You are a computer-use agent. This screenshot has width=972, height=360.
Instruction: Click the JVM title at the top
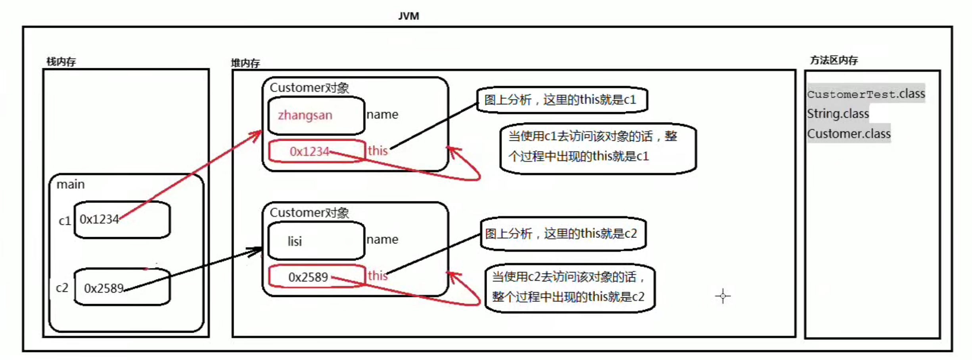408,16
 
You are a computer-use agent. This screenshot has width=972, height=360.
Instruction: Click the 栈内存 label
61,61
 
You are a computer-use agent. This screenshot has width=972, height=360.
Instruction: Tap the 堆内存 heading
245,63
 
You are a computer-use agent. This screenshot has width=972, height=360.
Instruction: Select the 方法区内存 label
834,60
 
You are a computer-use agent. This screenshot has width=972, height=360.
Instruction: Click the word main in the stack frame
71,184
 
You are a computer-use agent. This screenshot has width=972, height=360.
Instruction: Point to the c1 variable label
64,220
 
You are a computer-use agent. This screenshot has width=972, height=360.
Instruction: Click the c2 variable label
62,287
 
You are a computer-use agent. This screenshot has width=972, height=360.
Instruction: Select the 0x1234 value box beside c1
122,220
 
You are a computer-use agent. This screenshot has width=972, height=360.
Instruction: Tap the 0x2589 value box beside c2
122,287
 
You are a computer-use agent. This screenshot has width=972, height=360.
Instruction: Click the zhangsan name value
305,115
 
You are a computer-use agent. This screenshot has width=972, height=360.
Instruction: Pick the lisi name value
295,241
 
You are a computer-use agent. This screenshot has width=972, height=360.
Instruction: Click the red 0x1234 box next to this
316,151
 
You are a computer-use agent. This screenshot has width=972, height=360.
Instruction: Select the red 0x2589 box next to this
316,277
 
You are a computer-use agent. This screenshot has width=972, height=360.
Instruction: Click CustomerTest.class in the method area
866,94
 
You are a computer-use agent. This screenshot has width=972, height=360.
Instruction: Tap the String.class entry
838,114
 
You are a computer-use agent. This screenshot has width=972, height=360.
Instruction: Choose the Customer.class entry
849,134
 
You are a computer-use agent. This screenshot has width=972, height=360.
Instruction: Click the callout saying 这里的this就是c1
561,100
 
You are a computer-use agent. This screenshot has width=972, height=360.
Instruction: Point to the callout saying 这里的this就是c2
562,234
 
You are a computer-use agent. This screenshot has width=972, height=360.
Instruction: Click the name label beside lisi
382,239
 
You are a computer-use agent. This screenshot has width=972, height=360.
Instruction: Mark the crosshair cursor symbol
723,296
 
